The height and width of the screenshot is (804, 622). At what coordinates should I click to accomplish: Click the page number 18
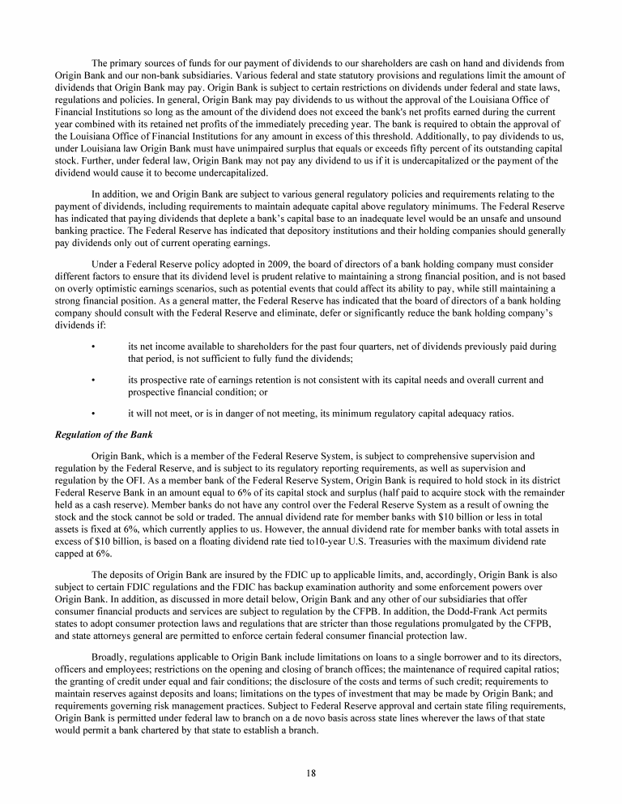311,772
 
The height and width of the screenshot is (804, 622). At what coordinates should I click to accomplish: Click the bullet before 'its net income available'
95,347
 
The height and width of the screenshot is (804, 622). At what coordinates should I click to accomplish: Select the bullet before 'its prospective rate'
95,380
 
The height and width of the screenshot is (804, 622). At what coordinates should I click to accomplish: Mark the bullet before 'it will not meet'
95,414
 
